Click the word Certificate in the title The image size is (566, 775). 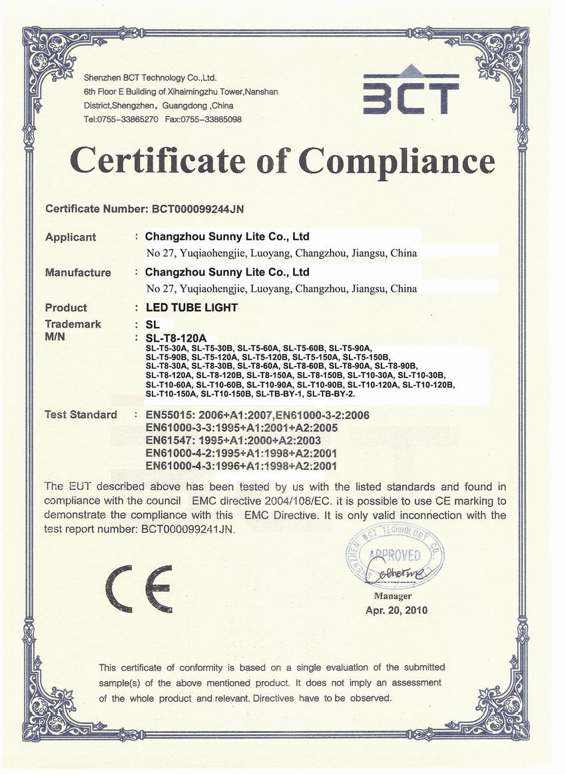click(x=172, y=160)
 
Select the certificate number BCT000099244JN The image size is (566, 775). click(x=194, y=209)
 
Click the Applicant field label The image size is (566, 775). click(x=71, y=237)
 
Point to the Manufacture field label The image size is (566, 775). click(x=78, y=272)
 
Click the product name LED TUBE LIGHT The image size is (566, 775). click(x=191, y=308)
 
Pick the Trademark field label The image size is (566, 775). click(x=73, y=324)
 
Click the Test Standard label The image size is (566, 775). click(x=81, y=415)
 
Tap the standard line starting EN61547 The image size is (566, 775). click(x=233, y=441)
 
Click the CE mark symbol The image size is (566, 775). click(x=137, y=589)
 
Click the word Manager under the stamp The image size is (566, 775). click(x=393, y=597)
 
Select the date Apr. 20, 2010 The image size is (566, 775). click(x=397, y=610)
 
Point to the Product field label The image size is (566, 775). click(x=66, y=308)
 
